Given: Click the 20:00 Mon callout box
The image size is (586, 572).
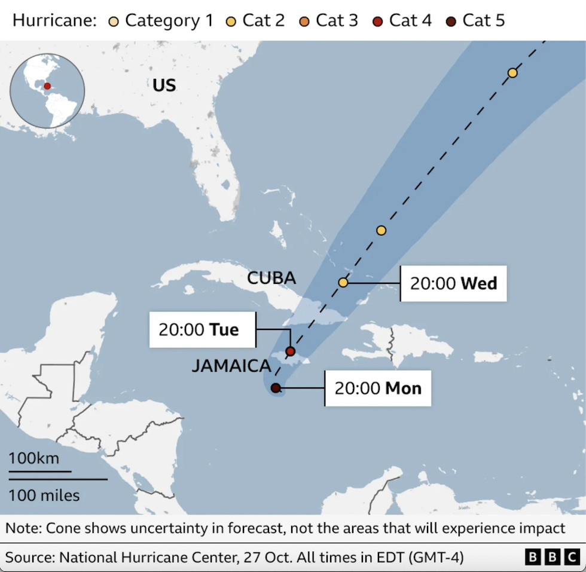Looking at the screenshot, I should click(x=378, y=389).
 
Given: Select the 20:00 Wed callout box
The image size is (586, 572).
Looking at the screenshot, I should click(x=453, y=283).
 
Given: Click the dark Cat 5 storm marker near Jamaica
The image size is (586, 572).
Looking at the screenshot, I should click(x=276, y=388).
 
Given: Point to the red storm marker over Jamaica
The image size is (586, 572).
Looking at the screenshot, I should click(x=291, y=351).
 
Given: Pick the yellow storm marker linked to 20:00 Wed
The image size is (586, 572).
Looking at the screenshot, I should click(x=343, y=282).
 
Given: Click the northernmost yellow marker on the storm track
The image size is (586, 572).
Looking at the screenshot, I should click(x=512, y=73).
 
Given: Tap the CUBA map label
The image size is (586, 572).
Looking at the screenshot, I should click(x=271, y=278).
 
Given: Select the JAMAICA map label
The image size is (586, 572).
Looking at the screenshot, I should click(x=231, y=366).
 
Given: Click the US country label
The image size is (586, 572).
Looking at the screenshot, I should click(x=164, y=85).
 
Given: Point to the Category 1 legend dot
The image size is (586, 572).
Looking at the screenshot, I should click(x=112, y=21).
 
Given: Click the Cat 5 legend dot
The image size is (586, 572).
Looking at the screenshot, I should click(x=450, y=21).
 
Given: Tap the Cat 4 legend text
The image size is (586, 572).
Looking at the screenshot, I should click(x=410, y=21).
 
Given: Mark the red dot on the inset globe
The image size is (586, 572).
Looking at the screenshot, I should click(x=47, y=86).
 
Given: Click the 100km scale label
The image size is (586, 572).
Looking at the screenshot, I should click(x=33, y=458).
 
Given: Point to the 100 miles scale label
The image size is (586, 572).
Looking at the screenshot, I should click(x=44, y=495).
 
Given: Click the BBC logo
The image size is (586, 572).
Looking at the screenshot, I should click(x=552, y=558).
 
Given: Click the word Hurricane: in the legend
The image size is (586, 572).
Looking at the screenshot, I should click(x=54, y=21).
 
